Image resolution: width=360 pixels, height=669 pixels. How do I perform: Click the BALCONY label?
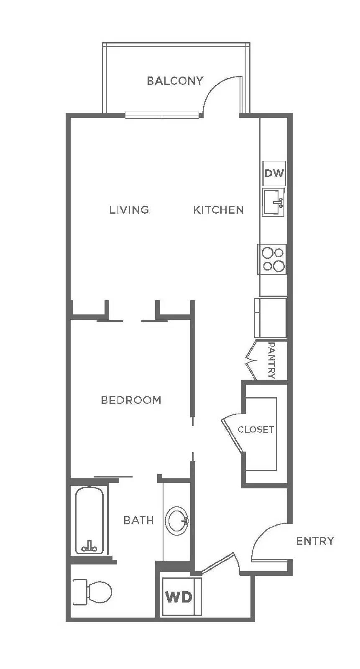(x=175, y=81)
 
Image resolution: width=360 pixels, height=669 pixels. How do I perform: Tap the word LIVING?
(x=129, y=209)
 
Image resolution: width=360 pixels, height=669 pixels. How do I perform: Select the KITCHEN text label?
(x=218, y=209)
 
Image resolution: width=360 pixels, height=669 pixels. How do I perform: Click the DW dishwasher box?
(x=274, y=173)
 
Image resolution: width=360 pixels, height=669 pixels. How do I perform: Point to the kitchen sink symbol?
(x=273, y=202)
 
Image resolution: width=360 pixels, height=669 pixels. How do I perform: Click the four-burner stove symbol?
(x=272, y=260)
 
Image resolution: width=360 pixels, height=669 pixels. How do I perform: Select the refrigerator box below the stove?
(x=271, y=318)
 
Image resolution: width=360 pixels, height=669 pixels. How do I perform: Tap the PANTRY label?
(x=271, y=360)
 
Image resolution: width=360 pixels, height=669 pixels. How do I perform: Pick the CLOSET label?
(x=255, y=429)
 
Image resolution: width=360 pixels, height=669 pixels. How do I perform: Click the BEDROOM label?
(x=131, y=400)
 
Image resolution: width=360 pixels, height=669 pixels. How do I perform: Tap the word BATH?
(x=138, y=521)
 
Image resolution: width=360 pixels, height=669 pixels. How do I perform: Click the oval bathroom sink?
(x=176, y=521)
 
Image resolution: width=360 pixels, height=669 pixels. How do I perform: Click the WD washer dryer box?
(x=179, y=597)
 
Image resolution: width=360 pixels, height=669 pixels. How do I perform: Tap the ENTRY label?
(x=315, y=541)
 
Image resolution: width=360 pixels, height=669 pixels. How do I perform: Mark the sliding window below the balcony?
(x=162, y=115)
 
